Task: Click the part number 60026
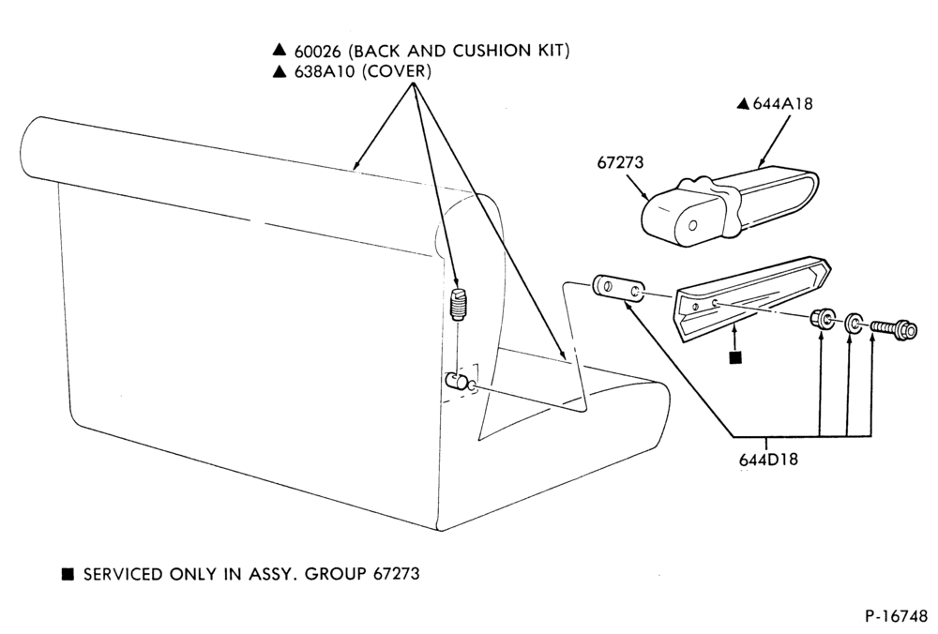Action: pyautogui.click(x=317, y=52)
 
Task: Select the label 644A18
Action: pyautogui.click(x=782, y=104)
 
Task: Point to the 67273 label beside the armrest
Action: pyautogui.click(x=620, y=162)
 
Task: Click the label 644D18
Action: pyautogui.click(x=768, y=460)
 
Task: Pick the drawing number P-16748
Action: pyautogui.click(x=896, y=616)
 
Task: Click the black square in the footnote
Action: pyautogui.click(x=68, y=575)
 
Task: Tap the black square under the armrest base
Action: pyautogui.click(x=735, y=357)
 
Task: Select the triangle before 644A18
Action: pyautogui.click(x=743, y=104)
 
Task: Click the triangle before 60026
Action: pyautogui.click(x=279, y=51)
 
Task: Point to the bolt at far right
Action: pyautogui.click(x=894, y=328)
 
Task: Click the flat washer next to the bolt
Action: pyautogui.click(x=854, y=324)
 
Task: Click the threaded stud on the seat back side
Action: pyautogui.click(x=460, y=305)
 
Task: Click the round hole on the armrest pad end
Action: pyautogui.click(x=693, y=226)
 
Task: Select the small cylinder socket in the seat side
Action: pyautogui.click(x=459, y=381)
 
